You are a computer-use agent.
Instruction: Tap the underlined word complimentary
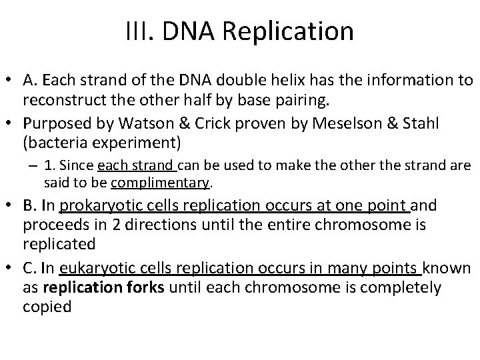click(x=161, y=182)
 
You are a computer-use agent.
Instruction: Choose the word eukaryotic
click(x=93, y=268)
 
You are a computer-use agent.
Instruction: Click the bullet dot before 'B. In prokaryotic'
click(x=11, y=207)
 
